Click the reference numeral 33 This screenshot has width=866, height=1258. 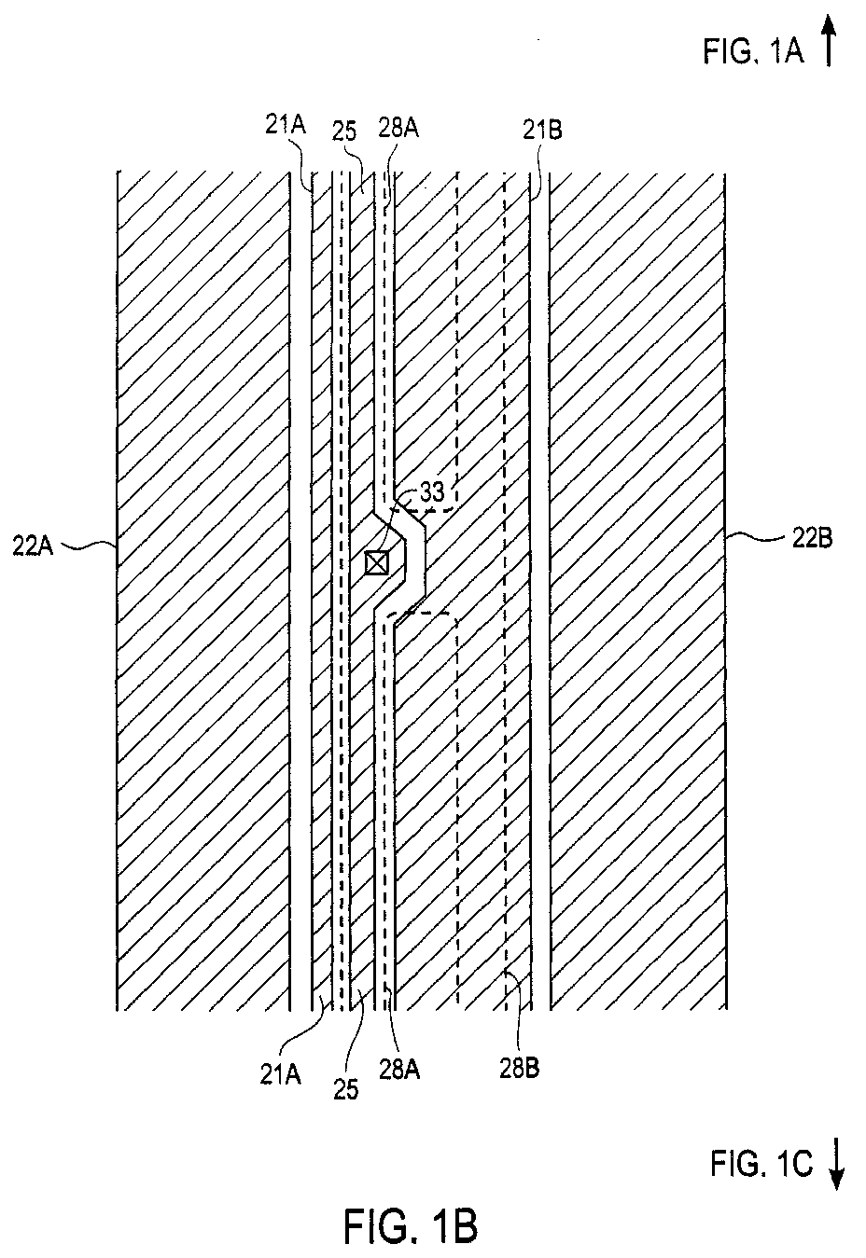[431, 492]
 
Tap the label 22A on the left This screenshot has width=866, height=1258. [34, 546]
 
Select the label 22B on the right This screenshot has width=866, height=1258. [812, 539]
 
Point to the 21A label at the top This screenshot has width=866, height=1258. [286, 126]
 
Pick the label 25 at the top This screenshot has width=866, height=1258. [344, 131]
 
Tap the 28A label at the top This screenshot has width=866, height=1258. [398, 128]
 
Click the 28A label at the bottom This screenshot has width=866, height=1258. [399, 1071]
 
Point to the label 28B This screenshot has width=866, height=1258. [519, 1068]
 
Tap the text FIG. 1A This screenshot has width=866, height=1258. [753, 51]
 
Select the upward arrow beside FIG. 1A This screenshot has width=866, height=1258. [829, 40]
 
